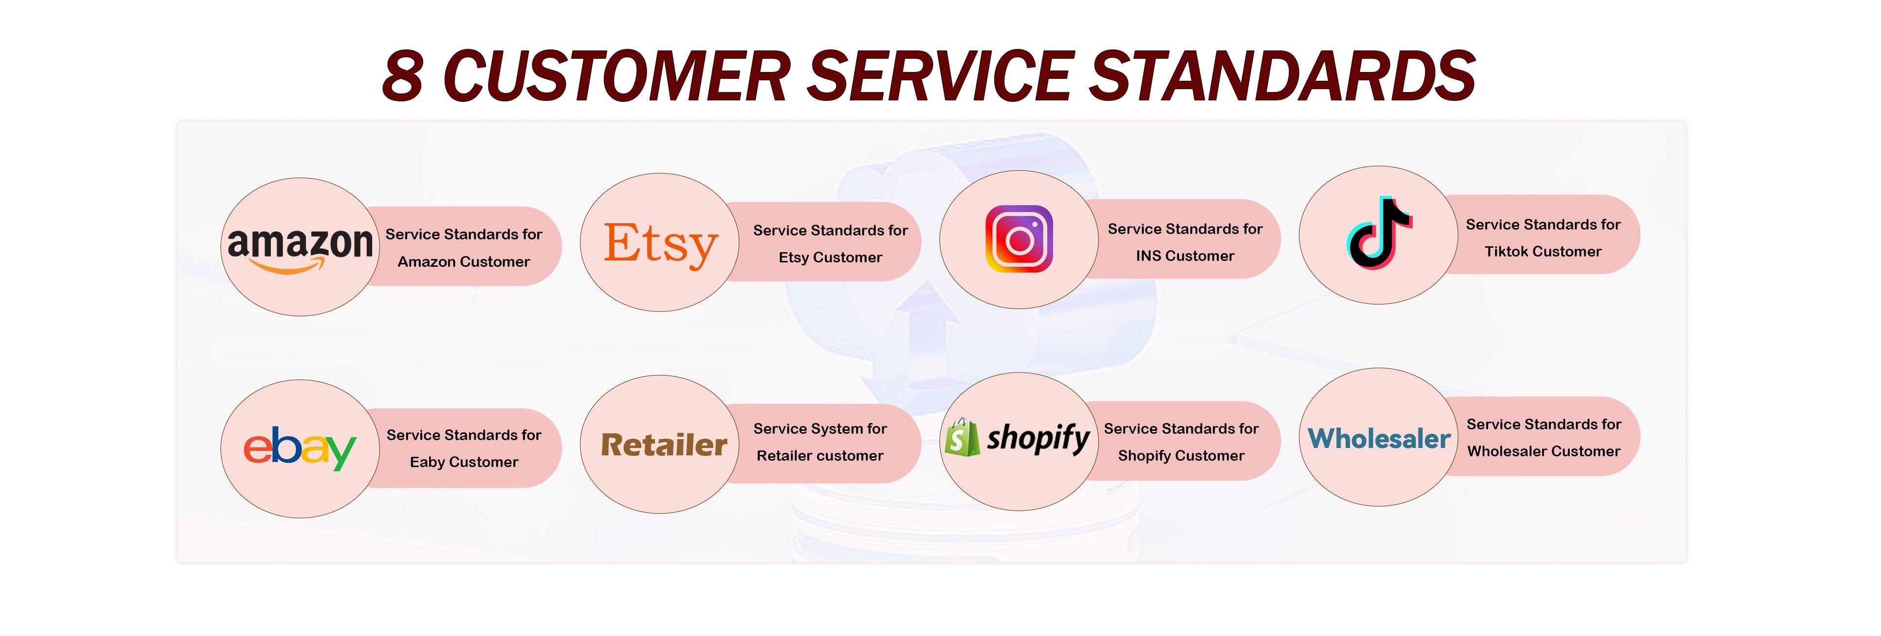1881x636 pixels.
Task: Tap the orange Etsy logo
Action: click(661, 245)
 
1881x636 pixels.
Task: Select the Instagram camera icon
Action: click(1019, 239)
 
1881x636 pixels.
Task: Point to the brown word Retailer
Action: click(664, 445)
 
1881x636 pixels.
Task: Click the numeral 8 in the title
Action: click(403, 76)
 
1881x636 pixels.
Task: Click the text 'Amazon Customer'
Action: click(464, 261)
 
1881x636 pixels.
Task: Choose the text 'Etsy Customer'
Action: click(830, 257)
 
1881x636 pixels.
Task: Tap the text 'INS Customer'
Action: click(1185, 256)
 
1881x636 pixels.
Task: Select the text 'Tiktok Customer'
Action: click(1543, 251)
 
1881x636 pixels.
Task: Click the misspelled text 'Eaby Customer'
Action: click(464, 462)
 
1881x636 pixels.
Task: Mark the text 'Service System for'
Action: click(820, 428)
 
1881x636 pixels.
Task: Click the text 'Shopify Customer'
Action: click(1181, 456)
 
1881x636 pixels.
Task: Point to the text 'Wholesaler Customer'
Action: click(1543, 451)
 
